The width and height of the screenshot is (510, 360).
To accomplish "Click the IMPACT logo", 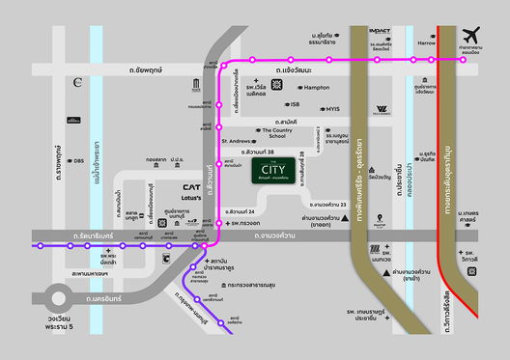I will point(381,30).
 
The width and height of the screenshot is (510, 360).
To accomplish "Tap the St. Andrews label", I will point(236,140).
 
